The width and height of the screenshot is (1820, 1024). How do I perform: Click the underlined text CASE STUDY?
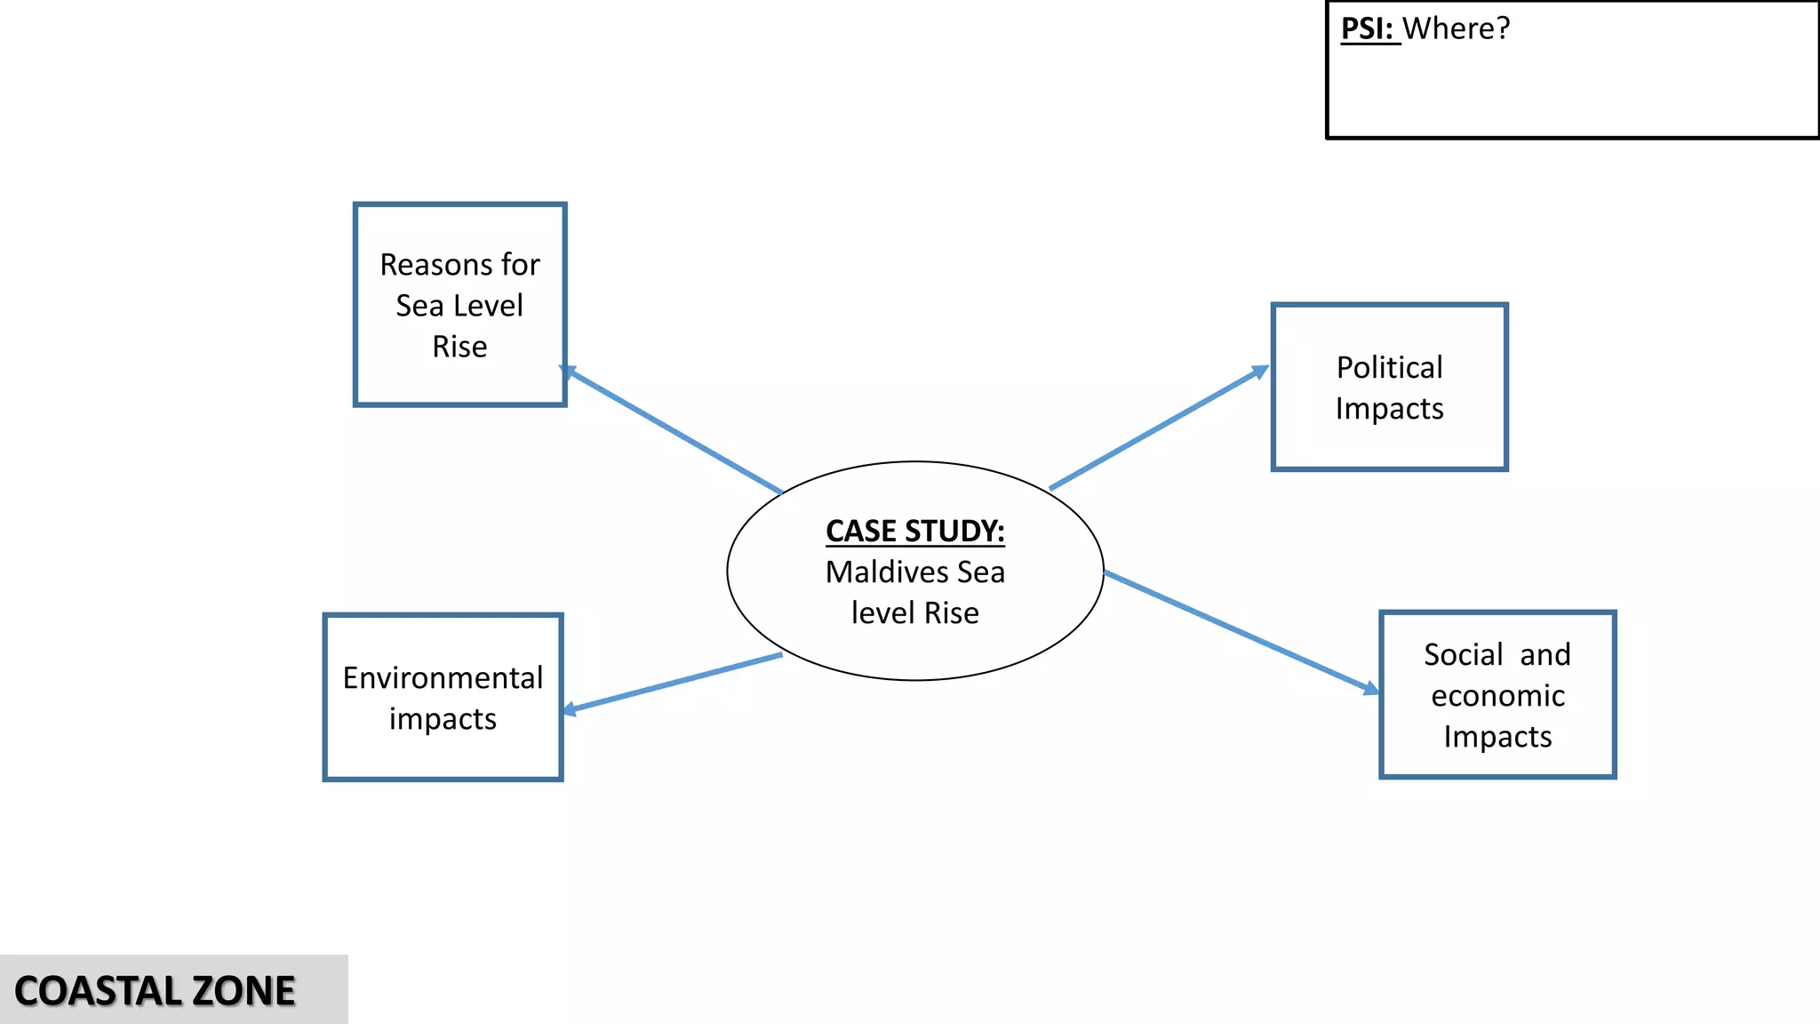pyautogui.click(x=914, y=531)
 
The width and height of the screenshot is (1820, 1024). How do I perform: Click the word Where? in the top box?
pyautogui.click(x=1457, y=28)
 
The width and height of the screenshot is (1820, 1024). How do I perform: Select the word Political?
pyautogui.click(x=1389, y=367)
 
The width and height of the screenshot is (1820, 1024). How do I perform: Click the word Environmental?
pyautogui.click(x=443, y=677)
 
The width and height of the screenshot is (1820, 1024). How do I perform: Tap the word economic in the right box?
pyautogui.click(x=1497, y=695)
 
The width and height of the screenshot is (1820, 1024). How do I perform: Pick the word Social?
pyautogui.click(x=1463, y=654)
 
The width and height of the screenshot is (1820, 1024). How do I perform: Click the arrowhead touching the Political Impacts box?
pyautogui.click(x=1261, y=371)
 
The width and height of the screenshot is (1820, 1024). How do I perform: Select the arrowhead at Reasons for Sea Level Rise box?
pyautogui.click(x=569, y=372)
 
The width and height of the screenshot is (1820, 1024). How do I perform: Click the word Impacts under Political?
pyautogui.click(x=1389, y=408)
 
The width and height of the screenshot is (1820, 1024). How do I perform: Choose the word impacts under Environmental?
pyautogui.click(x=443, y=718)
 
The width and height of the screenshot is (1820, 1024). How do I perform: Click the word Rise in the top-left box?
pyautogui.click(x=459, y=346)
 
